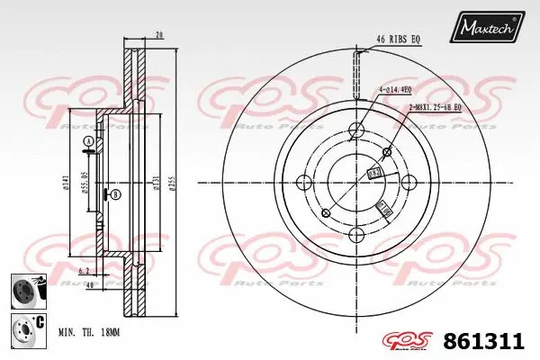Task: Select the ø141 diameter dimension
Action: tap(64, 185)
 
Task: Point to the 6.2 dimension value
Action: tap(84, 269)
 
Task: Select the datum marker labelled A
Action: tap(86, 143)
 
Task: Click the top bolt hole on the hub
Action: tap(356, 128)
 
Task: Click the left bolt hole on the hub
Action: tap(326, 212)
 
